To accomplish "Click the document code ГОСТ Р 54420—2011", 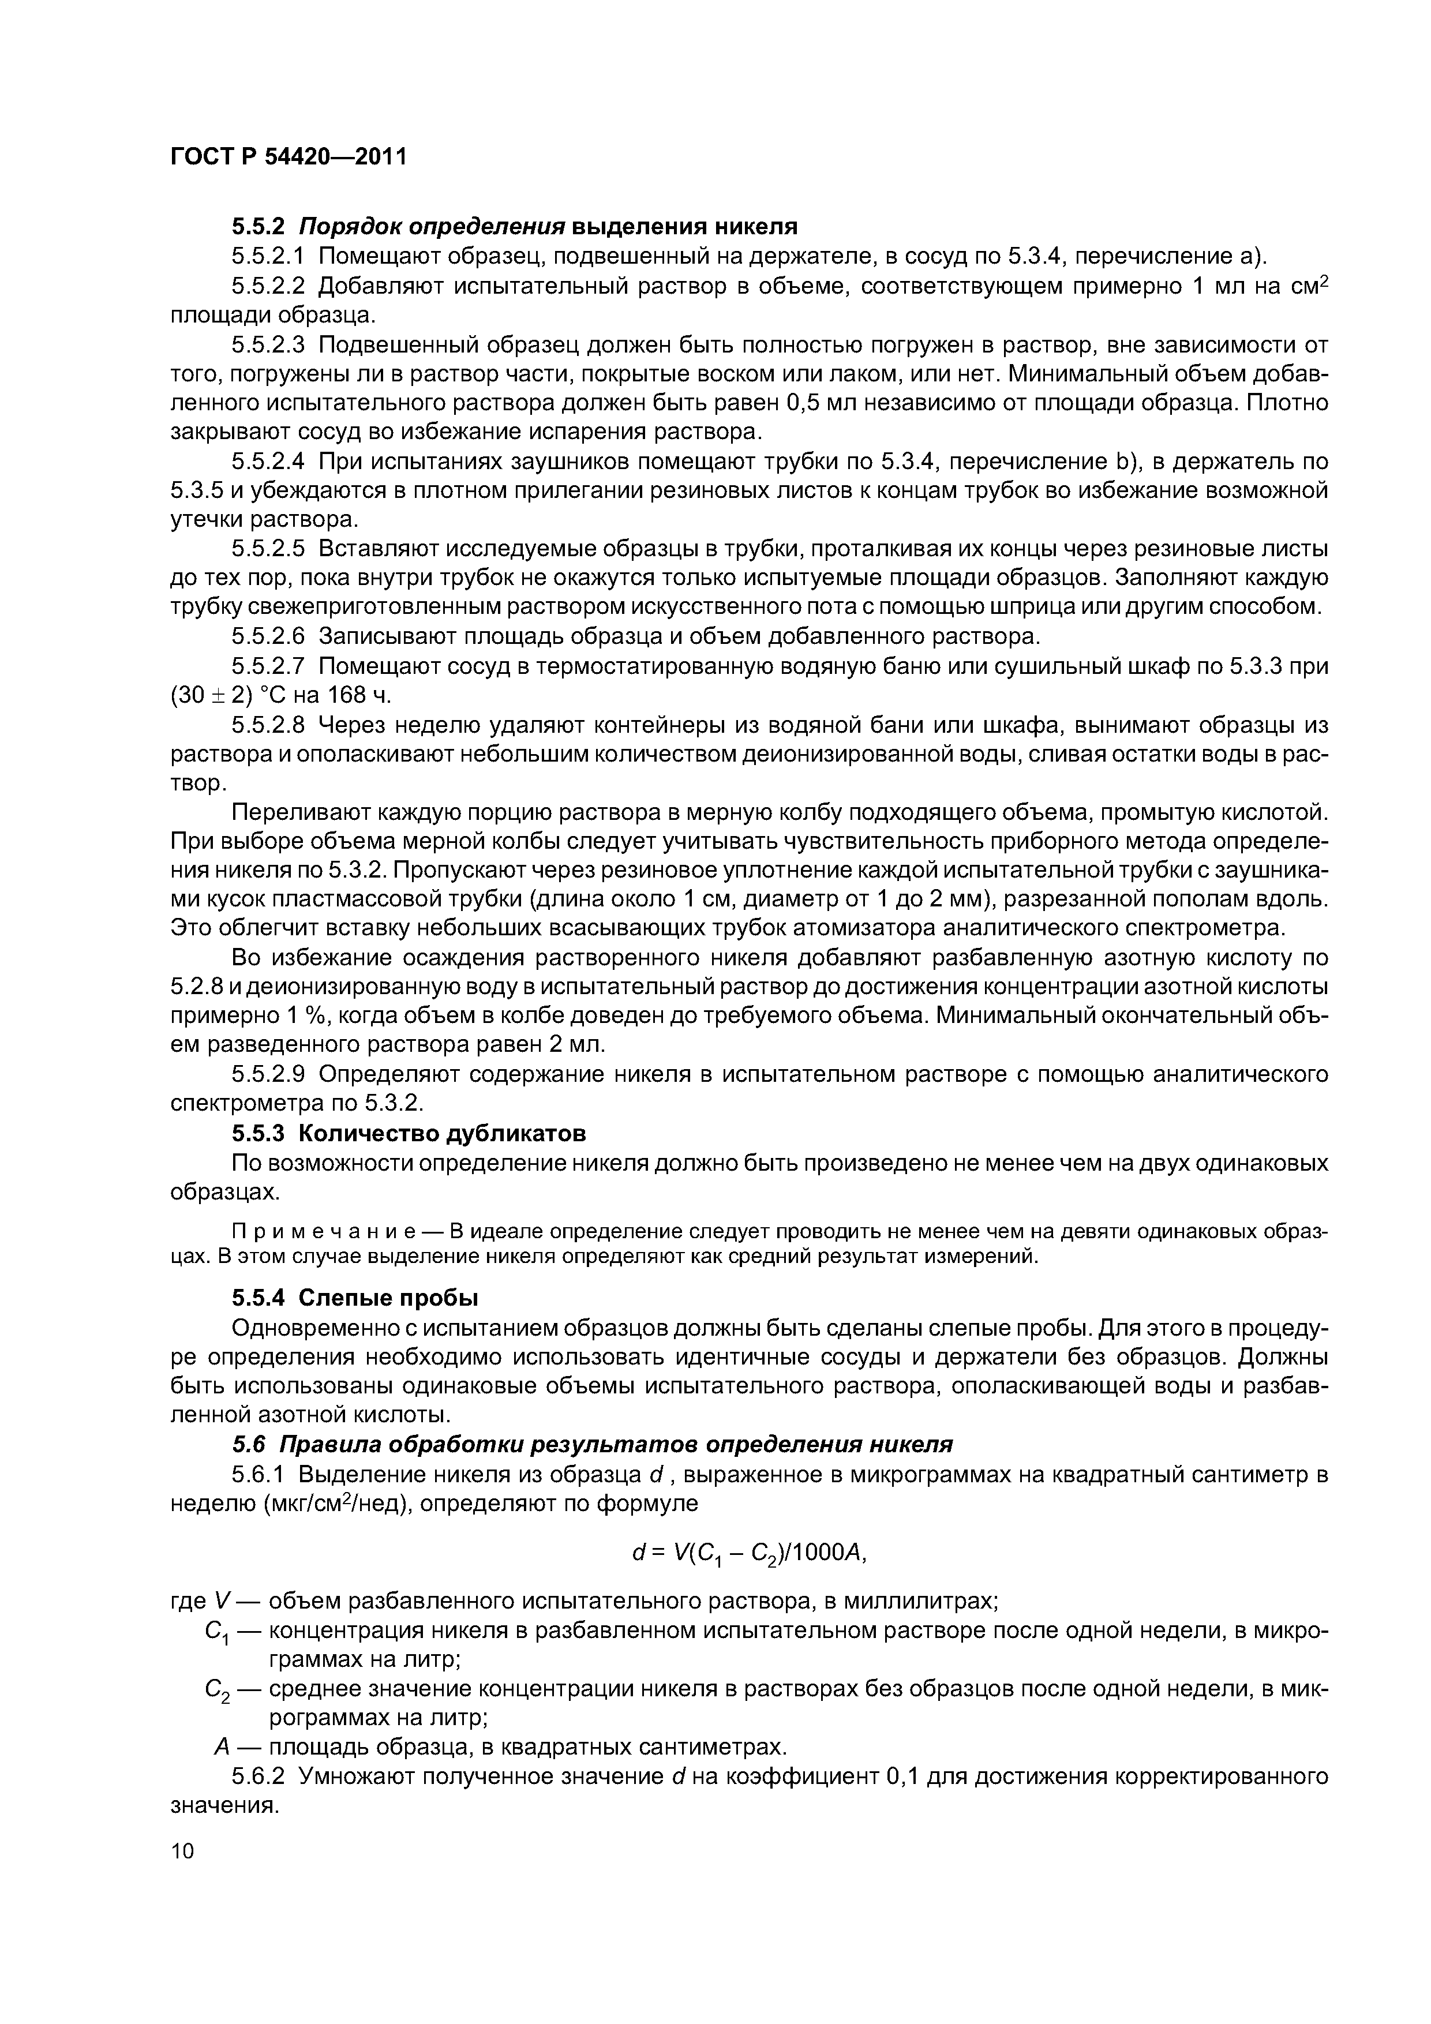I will point(289,158).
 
